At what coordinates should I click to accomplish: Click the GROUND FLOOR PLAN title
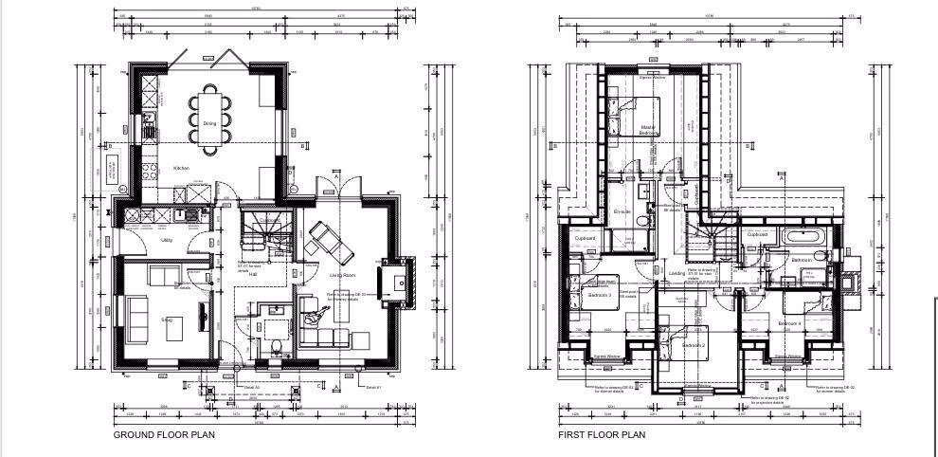point(164,435)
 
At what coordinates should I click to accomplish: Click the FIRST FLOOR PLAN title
point(601,435)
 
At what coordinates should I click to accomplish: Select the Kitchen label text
point(180,168)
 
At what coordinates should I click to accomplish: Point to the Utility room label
point(166,240)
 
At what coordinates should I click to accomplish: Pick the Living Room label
point(342,275)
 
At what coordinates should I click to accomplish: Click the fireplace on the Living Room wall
point(395,282)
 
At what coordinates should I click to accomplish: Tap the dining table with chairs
point(208,119)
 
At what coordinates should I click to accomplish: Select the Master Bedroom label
point(648,130)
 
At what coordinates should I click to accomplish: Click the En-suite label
point(622,211)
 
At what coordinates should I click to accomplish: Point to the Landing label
point(676,273)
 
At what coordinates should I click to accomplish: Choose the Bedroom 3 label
point(599,295)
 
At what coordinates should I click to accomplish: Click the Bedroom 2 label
point(694,345)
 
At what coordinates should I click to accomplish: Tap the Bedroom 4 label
point(789,323)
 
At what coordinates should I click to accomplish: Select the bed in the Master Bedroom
point(627,121)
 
